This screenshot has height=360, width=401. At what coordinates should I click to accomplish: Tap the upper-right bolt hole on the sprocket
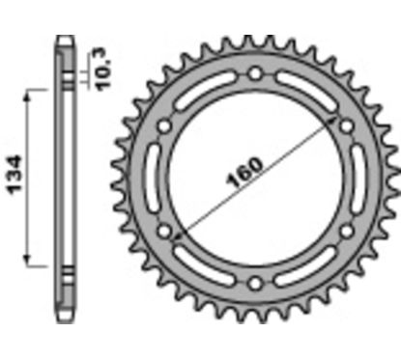pos(345,125)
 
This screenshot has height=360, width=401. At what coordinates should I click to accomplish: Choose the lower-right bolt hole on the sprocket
pos(345,232)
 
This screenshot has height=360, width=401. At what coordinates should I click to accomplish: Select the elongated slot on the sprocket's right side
pos(358,179)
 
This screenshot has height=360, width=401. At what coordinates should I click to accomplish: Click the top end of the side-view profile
pos(64,40)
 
